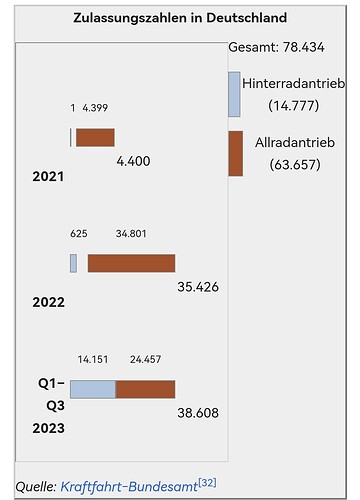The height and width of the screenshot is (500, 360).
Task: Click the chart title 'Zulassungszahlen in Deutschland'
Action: pyautogui.click(x=180, y=18)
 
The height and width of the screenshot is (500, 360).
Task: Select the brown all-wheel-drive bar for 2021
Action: pyautogui.click(x=95, y=137)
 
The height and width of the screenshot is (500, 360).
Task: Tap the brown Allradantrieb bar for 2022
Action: pyautogui.click(x=132, y=263)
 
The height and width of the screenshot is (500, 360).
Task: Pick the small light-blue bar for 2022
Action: pyautogui.click(x=73, y=263)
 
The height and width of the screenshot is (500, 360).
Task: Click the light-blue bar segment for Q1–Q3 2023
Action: pyautogui.click(x=93, y=389)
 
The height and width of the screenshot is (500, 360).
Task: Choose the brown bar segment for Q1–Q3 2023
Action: pyautogui.click(x=145, y=389)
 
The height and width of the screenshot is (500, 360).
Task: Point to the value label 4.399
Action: pyautogui.click(x=95, y=108)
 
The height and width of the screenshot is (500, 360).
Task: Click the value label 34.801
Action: pyautogui.click(x=131, y=233)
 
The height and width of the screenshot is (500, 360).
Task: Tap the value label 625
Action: pyautogui.click(x=79, y=233)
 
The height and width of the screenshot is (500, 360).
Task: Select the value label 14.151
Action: pyautogui.click(x=93, y=359)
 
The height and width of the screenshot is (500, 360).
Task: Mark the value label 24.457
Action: pyautogui.click(x=146, y=359)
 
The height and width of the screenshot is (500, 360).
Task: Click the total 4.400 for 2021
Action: pyautogui.click(x=133, y=161)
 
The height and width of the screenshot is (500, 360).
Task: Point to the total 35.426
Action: pyautogui.click(x=198, y=287)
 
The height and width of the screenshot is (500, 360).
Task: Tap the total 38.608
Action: pyautogui.click(x=198, y=413)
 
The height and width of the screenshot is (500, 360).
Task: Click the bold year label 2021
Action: pyautogui.click(x=48, y=176)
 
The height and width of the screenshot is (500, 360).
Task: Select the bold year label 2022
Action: pyautogui.click(x=48, y=302)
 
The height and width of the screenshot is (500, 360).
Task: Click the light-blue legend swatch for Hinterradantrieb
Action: pyautogui.click(x=234, y=94)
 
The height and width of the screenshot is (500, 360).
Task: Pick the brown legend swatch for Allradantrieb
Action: pyautogui.click(x=236, y=153)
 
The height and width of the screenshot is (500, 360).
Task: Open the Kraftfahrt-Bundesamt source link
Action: pyautogui.click(x=129, y=486)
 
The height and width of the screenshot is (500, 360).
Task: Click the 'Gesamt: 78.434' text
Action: pyautogui.click(x=276, y=47)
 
